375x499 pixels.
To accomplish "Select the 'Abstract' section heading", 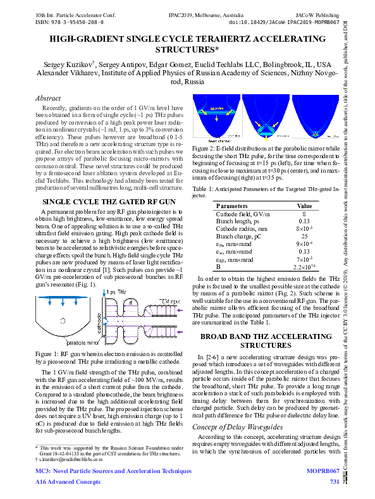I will click(48, 99).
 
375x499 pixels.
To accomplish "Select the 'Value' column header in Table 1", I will click(305, 206).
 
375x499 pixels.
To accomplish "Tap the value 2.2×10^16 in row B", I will click(305, 266).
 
